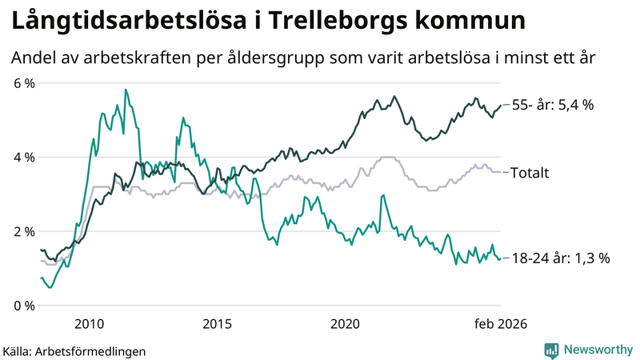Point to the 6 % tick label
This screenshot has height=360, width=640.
click(23, 83)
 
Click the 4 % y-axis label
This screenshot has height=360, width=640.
click(23, 158)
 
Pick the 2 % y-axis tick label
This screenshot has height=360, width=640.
click(23, 231)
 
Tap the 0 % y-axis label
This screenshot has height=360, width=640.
click(23, 306)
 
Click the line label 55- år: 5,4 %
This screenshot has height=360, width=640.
click(552, 106)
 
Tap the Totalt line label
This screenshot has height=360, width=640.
click(530, 172)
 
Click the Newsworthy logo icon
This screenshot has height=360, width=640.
click(551, 350)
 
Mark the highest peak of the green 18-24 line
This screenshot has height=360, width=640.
click(126, 90)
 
